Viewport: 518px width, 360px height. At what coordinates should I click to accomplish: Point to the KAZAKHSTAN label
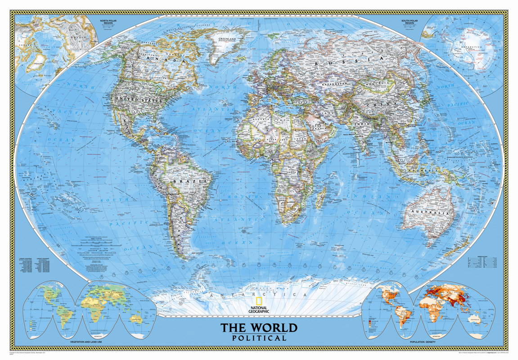pos(333,84)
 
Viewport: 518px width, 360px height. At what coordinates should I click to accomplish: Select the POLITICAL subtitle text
pos(259,338)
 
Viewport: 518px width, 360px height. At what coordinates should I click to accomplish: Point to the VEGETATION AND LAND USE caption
pos(88,343)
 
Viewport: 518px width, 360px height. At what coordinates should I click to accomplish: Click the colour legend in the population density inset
pos(370,323)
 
